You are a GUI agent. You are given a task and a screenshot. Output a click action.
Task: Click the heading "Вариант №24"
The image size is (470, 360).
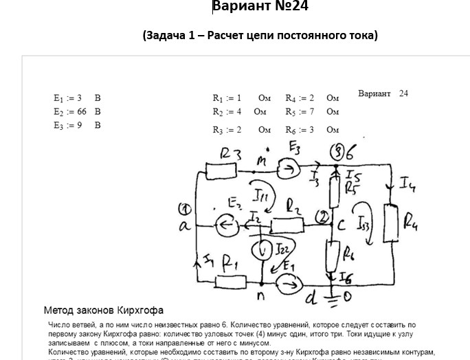point(260,7)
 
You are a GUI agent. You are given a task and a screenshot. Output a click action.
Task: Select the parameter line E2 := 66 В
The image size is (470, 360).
point(77,111)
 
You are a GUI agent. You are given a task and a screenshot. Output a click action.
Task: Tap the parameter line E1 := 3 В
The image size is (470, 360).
point(77,98)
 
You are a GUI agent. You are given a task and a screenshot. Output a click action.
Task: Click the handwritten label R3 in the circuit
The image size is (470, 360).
point(230,155)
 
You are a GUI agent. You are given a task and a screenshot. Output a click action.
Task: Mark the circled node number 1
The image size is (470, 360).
point(183,209)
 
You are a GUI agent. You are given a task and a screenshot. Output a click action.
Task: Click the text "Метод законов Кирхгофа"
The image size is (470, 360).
point(104,311)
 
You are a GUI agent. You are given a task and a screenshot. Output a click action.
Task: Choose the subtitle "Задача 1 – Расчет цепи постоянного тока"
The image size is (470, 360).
point(260,34)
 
